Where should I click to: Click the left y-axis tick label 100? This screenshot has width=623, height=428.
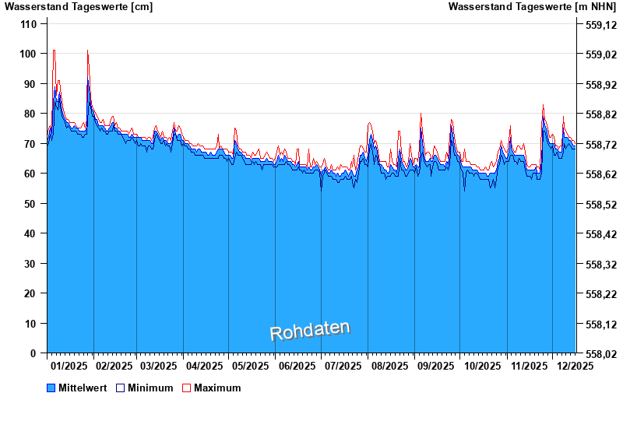28,54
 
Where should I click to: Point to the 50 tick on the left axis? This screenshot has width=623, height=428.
30,204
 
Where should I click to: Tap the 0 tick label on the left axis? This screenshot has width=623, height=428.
33,353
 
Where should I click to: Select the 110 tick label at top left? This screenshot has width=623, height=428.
28,24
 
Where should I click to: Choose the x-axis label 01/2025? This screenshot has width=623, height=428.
69,366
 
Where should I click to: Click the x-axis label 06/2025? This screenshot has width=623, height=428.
297,366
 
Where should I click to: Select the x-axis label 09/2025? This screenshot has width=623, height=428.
435,366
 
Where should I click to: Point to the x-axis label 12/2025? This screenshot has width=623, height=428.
575,366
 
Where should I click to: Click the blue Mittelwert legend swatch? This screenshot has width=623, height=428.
51,388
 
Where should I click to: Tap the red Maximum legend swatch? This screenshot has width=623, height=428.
186,388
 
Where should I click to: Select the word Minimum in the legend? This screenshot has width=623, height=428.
150,388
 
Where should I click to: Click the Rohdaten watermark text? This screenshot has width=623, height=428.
310,331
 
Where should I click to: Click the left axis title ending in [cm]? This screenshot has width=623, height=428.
79,7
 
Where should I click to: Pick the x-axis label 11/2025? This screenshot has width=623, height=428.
530,366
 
